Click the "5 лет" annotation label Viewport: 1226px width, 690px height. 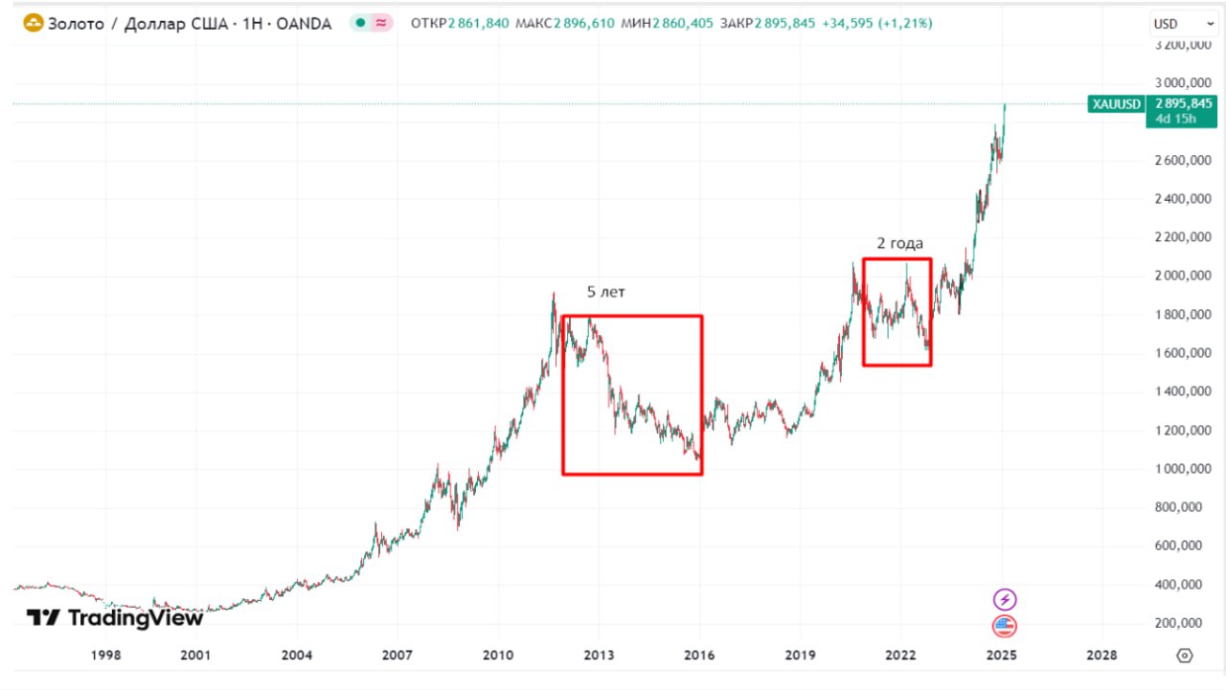pos(605,292)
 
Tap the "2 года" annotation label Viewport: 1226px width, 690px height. pos(899,243)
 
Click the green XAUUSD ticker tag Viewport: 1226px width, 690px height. pos(1116,103)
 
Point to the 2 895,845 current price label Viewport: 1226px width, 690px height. pos(1184,103)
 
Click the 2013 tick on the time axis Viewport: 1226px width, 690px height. pos(599,656)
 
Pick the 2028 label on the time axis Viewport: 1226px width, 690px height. pos(1101,656)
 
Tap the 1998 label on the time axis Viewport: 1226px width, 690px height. pos(105,656)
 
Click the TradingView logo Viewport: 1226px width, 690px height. pos(115,618)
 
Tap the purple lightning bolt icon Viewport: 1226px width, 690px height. pos(1004,600)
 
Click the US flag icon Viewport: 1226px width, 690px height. pos(1004,627)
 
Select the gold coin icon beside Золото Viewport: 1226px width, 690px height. pos(33,24)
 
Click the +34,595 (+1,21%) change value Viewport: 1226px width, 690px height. pos(875,24)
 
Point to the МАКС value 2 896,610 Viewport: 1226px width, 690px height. pos(584,24)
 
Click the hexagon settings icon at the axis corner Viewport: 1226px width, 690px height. pos(1185,656)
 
